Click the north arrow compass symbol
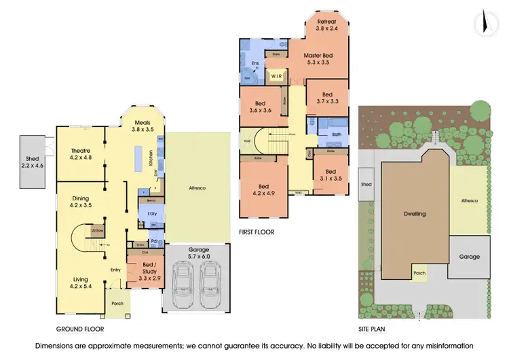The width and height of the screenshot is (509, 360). pyautogui.click(x=483, y=22)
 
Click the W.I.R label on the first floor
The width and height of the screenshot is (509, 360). pyautogui.click(x=276, y=76)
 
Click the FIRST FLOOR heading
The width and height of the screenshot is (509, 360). pyautogui.click(x=256, y=232)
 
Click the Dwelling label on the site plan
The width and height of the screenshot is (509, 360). pyautogui.click(x=415, y=213)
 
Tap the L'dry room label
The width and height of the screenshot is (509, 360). pyautogui.click(x=152, y=215)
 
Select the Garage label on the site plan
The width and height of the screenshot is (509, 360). pyautogui.click(x=470, y=257)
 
